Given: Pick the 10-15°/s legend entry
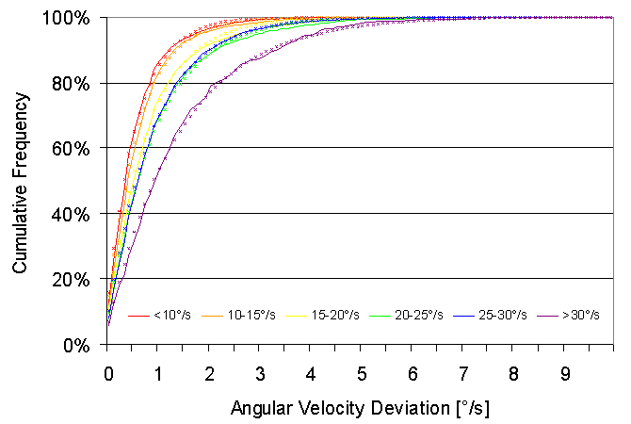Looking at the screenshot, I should click(247, 315).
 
